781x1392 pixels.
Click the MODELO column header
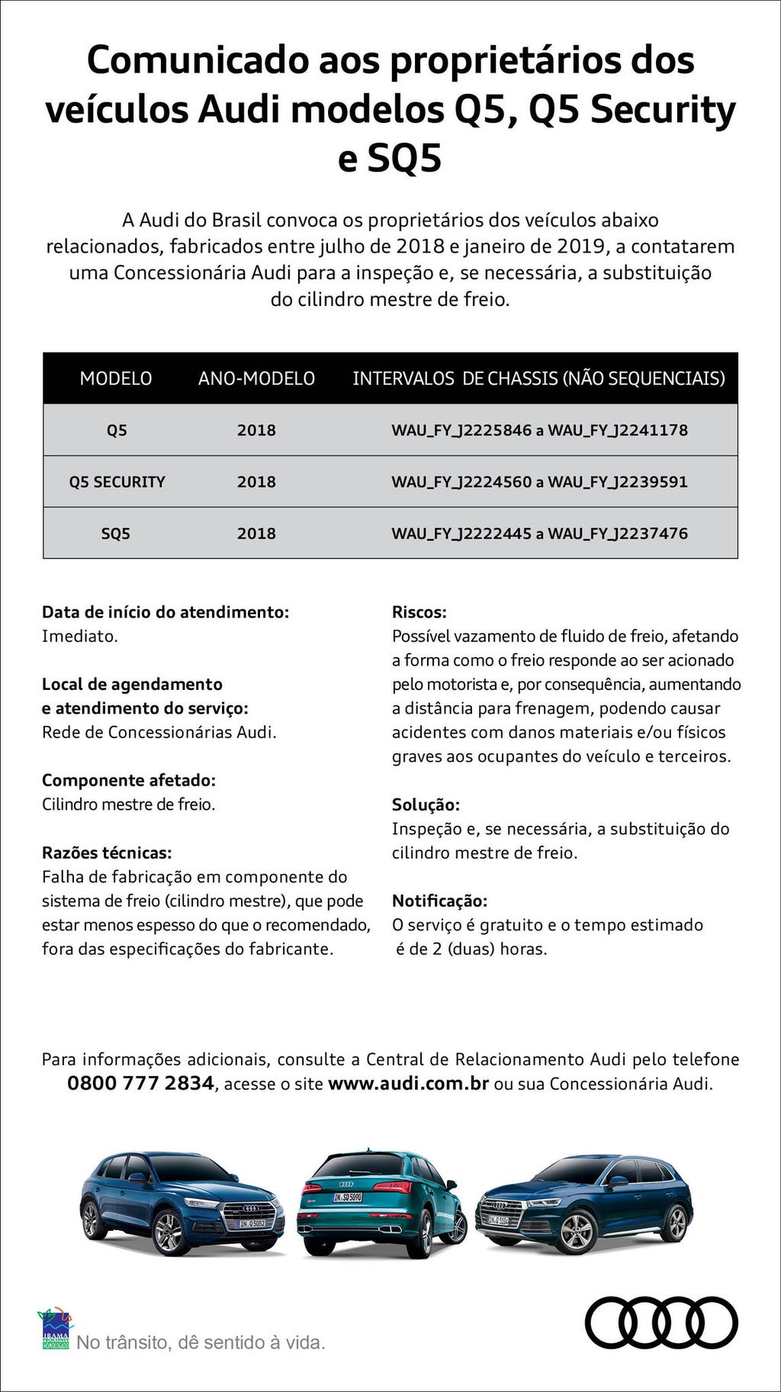(116, 379)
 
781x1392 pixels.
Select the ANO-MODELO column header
(256, 379)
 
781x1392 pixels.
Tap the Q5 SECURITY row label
(117, 482)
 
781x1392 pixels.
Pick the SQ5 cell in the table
(116, 534)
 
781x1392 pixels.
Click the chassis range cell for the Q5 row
(539, 430)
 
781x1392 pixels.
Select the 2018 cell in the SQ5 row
(256, 534)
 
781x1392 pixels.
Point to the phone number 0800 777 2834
(140, 1083)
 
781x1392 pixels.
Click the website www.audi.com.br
(408, 1084)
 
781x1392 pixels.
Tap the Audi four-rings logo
(661, 1323)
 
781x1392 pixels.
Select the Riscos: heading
(419, 612)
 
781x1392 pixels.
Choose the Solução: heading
(426, 805)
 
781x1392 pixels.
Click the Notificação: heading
(439, 901)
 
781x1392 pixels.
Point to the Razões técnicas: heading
(107, 853)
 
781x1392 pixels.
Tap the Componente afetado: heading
(129, 781)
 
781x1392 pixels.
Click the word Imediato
(79, 636)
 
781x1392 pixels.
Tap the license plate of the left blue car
(252, 1223)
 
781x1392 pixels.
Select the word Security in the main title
(663, 109)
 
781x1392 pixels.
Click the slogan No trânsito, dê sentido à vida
(201, 1342)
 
